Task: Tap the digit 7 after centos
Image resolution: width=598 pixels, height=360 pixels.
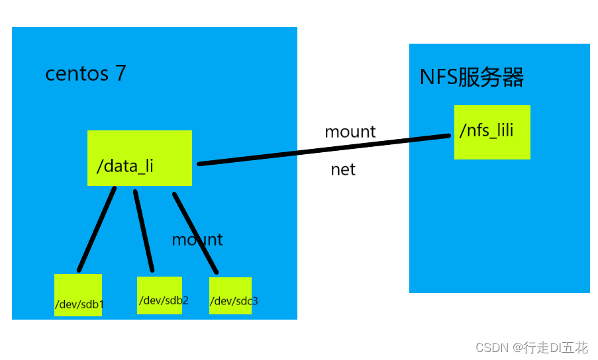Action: (x=121, y=73)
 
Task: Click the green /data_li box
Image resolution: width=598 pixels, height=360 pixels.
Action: (x=139, y=157)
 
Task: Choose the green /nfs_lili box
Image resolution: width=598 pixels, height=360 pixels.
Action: (x=492, y=132)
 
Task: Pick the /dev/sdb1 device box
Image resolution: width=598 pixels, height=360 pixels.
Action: (x=78, y=294)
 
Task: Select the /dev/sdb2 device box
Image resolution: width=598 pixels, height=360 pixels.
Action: (x=160, y=295)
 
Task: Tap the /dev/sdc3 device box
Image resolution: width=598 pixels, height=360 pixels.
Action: (x=230, y=296)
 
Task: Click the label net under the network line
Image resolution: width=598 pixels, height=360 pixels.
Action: (x=343, y=169)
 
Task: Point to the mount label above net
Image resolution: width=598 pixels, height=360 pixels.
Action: (x=350, y=132)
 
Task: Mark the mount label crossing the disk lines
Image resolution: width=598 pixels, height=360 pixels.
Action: (x=197, y=240)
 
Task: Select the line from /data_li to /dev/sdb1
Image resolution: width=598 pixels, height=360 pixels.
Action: (x=97, y=229)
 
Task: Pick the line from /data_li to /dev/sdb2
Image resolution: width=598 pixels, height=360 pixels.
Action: (x=144, y=230)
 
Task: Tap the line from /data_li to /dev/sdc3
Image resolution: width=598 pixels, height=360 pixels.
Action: (x=195, y=232)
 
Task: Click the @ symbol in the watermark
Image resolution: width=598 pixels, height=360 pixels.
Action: (x=515, y=347)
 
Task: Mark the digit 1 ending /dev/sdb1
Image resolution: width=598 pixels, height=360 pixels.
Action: (x=101, y=304)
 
